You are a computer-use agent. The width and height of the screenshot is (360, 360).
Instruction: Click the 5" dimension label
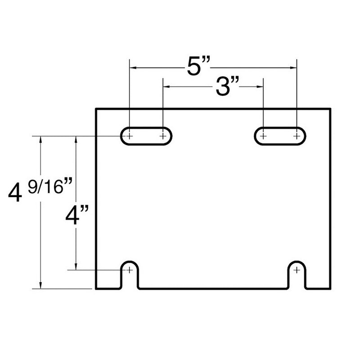tap(198, 67)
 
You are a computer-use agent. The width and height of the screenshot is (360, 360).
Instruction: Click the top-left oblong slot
tap(146, 135)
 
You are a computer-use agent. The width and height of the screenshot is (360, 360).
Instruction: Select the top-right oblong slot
tap(280, 135)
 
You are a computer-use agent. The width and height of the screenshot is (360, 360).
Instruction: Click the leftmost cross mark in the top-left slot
tap(130, 135)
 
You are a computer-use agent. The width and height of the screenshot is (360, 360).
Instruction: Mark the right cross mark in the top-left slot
tap(163, 135)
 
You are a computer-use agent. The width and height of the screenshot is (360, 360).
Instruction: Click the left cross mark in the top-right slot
tap(263, 135)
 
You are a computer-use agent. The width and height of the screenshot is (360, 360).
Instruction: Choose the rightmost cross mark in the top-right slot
tap(297, 135)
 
